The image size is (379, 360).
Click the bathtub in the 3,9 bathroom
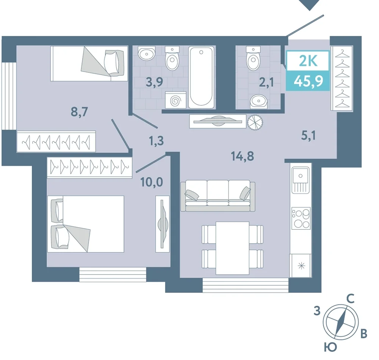[x=201, y=77]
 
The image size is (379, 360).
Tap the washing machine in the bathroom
[x=176, y=100]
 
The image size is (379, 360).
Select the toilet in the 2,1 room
[x=253, y=58]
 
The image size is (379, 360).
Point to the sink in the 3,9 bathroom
[x=146, y=53]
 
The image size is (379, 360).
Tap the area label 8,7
[x=79, y=112]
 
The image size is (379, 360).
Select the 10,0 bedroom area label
[x=152, y=182]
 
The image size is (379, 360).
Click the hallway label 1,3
[x=157, y=141]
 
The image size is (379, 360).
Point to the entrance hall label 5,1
[x=309, y=136]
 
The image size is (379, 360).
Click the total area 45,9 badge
[x=308, y=81]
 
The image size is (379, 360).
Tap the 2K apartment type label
[x=308, y=61]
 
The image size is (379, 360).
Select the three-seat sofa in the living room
[x=218, y=196]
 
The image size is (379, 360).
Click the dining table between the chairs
[x=232, y=248]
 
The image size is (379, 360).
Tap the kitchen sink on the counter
[x=301, y=180]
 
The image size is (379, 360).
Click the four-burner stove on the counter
[x=301, y=218]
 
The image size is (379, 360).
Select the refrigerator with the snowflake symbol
[x=301, y=266]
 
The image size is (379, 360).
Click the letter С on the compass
[x=351, y=299]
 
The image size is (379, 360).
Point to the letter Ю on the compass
[x=330, y=347]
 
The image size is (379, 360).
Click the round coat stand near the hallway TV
[x=255, y=122]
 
